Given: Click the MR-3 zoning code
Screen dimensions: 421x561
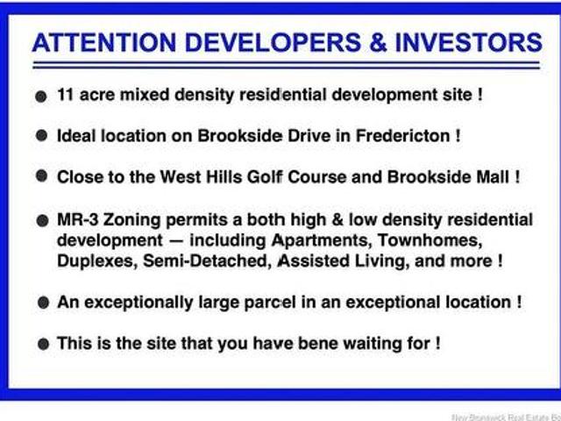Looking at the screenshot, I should pos(77,219).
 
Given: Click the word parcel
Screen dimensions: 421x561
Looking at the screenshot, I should pos(297,302).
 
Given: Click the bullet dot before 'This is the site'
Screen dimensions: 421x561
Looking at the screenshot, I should pos(41,344).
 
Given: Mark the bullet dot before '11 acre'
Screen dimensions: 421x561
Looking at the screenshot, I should pos(41,96).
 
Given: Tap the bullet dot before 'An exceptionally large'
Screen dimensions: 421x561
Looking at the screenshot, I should pos(41,303).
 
